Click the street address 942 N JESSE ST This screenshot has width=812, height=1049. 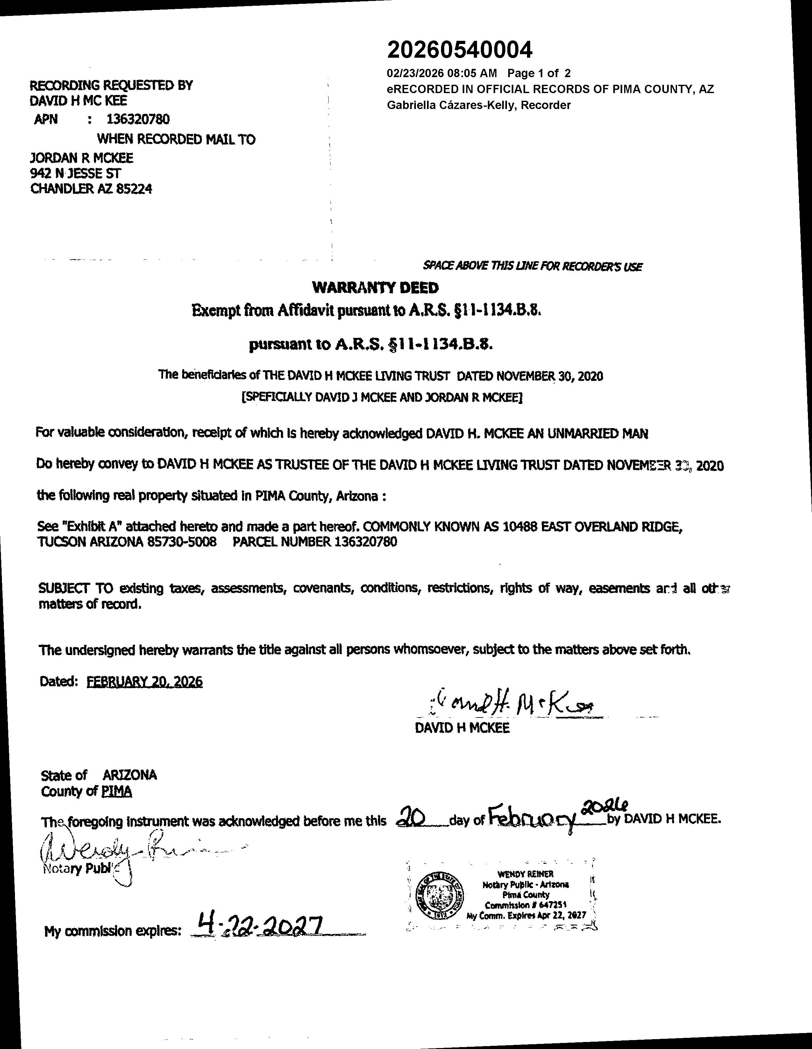(76, 173)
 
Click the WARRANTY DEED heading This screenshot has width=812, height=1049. (375, 288)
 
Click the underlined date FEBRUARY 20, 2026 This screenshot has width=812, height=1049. (145, 681)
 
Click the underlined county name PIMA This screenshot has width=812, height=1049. (117, 791)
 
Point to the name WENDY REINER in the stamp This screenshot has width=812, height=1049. (525, 874)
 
